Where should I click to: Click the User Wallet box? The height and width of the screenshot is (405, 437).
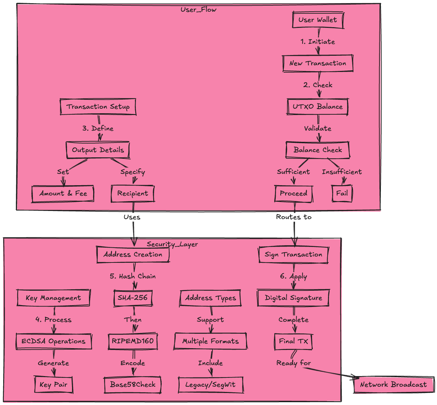pos(318,20)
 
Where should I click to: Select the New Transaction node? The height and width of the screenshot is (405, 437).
pos(318,64)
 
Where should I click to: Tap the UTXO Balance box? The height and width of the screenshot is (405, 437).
pos(318,107)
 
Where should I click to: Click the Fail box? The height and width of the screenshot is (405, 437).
pos(342,193)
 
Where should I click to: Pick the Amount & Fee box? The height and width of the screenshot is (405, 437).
pos(63,193)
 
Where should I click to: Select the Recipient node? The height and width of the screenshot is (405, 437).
pos(133,193)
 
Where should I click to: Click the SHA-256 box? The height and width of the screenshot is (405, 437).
pos(133,298)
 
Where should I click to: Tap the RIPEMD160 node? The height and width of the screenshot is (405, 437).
pos(133,341)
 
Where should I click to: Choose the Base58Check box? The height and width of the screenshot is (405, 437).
pos(133,385)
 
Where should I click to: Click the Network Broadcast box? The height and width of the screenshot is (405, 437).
pos(393,385)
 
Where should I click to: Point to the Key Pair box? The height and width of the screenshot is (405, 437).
pos(54,385)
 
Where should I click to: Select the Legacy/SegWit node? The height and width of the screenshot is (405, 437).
pos(210,385)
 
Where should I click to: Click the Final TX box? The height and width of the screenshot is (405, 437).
pos(293,341)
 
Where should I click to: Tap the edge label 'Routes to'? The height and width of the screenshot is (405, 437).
pos(294,217)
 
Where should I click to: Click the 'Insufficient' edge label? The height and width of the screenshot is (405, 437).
pos(342,172)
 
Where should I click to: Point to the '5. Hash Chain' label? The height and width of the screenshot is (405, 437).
pos(133,276)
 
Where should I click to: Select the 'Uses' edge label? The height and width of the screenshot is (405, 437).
pos(132,217)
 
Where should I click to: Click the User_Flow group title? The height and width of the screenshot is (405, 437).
pos(198,10)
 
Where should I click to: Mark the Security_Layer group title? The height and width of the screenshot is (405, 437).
pos(172,244)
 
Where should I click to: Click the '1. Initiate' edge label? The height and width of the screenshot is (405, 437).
pos(318,42)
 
